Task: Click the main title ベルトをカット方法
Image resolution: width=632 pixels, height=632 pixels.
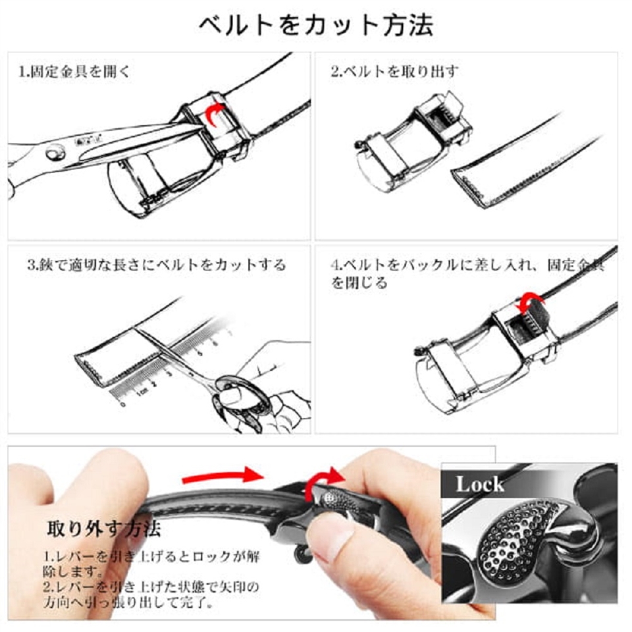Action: [317, 26]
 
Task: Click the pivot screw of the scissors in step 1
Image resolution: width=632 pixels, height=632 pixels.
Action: [55, 153]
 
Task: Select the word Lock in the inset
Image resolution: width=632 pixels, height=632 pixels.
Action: [480, 484]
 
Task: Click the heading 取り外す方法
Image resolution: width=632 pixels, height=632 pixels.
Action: [104, 529]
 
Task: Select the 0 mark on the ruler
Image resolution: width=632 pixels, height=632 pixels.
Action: [123, 404]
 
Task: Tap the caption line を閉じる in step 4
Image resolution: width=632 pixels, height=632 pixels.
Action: [359, 282]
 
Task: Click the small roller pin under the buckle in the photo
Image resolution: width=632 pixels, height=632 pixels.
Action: [302, 554]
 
